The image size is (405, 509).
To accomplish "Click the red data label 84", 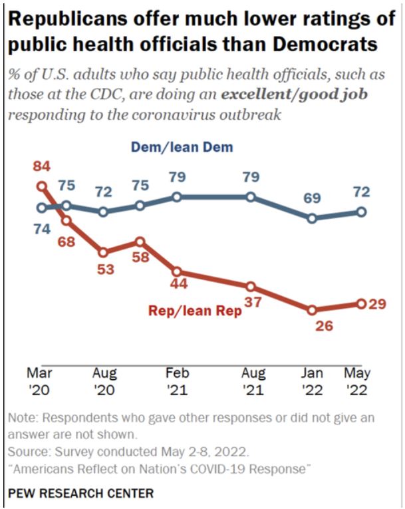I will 41,166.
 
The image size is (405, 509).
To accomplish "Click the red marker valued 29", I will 362,303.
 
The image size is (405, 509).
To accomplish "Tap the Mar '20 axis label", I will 41,381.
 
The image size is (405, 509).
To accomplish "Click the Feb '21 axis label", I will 178,381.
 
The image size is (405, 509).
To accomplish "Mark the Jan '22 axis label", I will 314,381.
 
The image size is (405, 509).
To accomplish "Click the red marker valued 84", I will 41,187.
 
